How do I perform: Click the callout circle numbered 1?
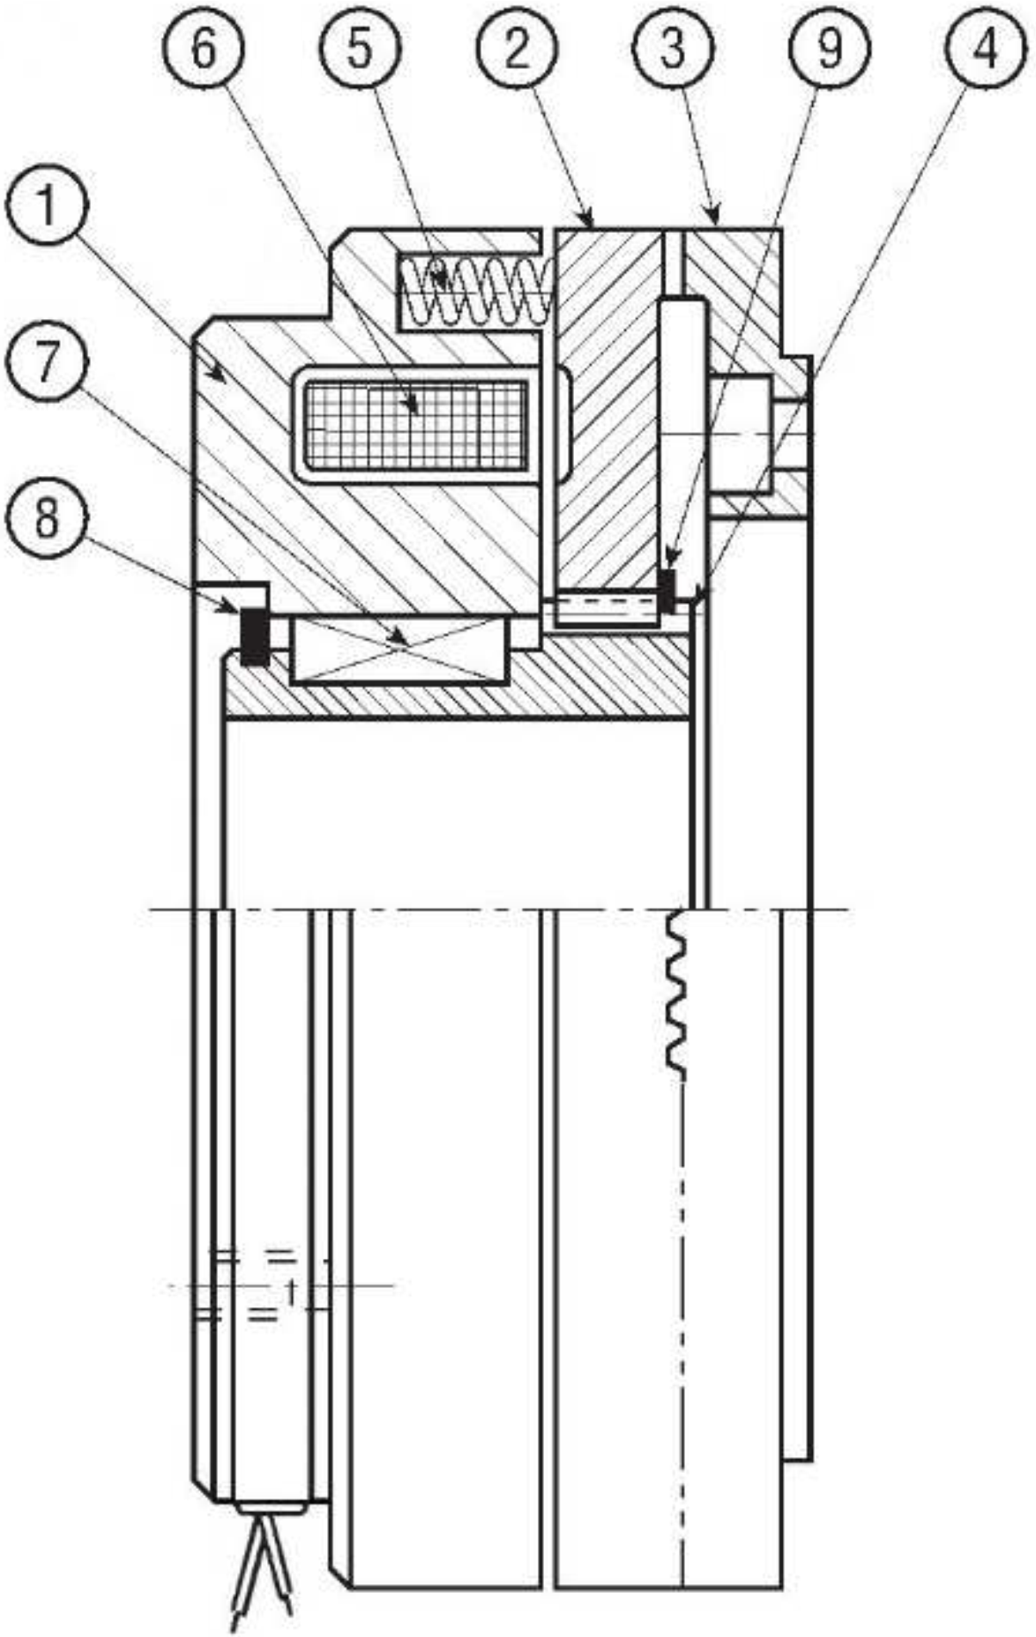click(48, 208)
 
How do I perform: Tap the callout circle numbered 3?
click(672, 49)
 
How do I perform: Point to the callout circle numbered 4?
click(985, 49)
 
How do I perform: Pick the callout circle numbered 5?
click(360, 49)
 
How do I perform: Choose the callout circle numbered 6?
click(204, 49)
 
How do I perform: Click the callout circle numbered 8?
click(48, 519)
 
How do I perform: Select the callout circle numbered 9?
click(829, 49)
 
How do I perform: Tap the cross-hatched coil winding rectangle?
click(414, 424)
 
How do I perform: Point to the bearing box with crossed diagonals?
click(400, 649)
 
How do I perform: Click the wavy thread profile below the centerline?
click(677, 993)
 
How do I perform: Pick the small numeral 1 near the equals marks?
click(289, 1291)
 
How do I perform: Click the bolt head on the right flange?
click(744, 435)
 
